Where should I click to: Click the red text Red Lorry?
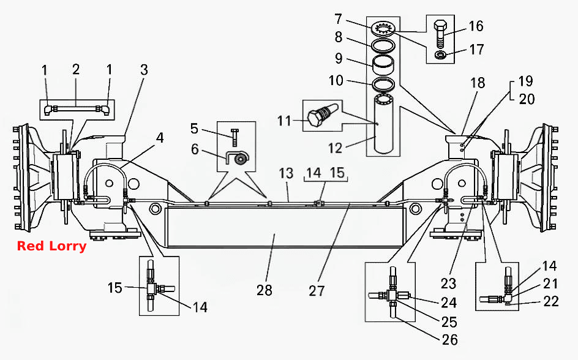point(51,246)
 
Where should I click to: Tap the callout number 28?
point(265,290)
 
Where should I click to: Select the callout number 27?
point(317,290)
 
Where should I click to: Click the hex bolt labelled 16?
point(440,35)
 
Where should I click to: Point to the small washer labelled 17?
point(440,55)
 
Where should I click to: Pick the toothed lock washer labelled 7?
point(384,29)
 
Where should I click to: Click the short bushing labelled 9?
point(383,65)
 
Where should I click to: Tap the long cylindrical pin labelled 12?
point(384,123)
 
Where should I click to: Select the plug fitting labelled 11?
point(321,114)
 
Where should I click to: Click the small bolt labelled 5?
point(235,137)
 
